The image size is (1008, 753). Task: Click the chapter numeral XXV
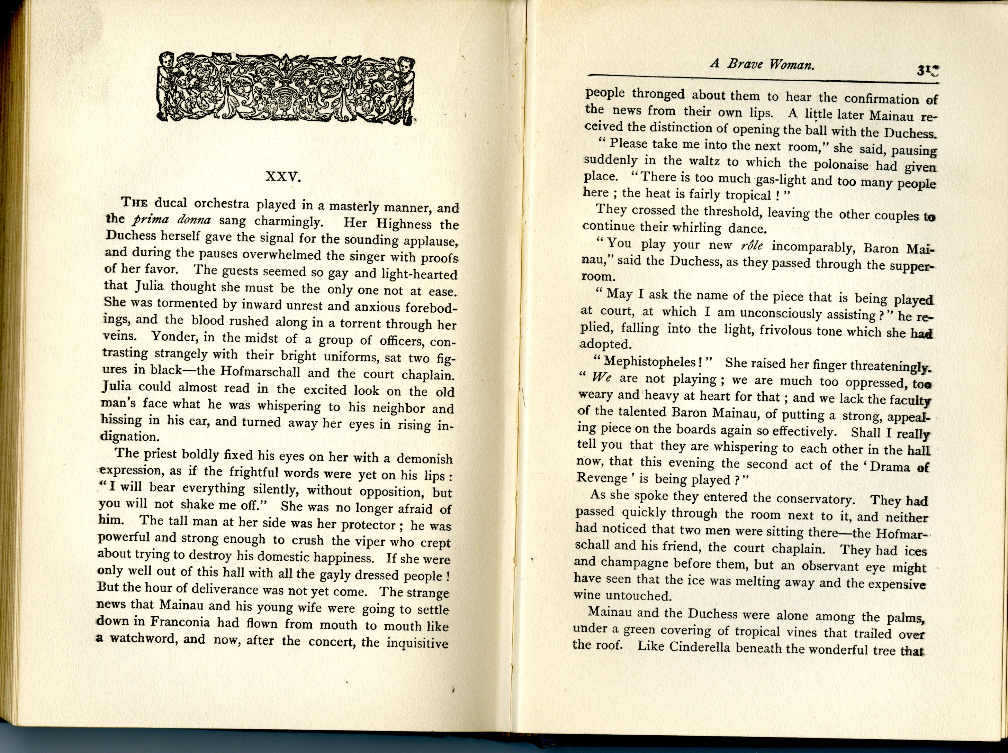[283, 177]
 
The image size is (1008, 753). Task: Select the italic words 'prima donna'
[171, 220]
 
